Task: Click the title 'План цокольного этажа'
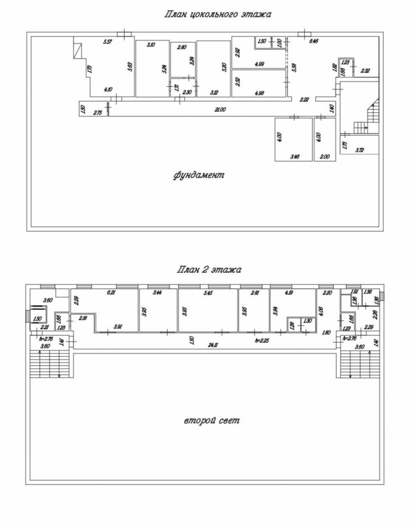(x=217, y=15)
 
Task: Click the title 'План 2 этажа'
(x=209, y=270)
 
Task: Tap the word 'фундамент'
(x=199, y=176)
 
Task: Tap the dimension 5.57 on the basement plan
(x=108, y=42)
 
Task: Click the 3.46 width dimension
(x=295, y=157)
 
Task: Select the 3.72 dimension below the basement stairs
(x=360, y=151)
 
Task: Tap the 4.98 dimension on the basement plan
(x=260, y=92)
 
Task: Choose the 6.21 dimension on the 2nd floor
(x=112, y=293)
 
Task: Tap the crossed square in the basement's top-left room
(x=79, y=51)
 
